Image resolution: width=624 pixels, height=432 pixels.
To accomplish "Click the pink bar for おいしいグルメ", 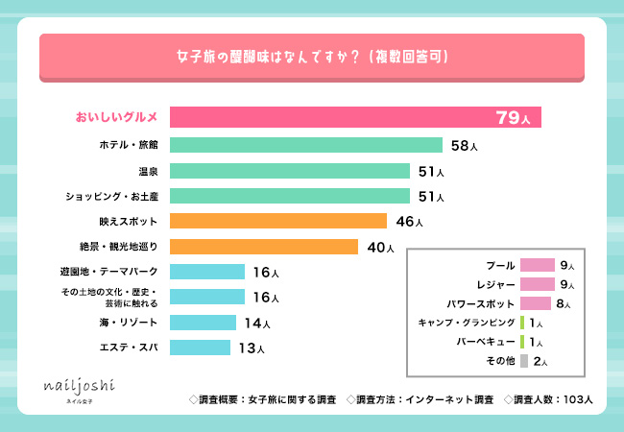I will [355, 117].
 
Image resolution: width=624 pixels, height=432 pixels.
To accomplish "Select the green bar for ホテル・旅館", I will [306, 145].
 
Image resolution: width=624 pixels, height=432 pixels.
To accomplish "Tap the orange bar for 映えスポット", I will [278, 222].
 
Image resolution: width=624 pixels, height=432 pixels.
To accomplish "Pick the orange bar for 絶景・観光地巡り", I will [264, 247].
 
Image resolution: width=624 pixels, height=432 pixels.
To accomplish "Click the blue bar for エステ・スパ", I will [201, 347].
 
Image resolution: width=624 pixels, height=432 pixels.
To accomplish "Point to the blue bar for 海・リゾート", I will [203, 322].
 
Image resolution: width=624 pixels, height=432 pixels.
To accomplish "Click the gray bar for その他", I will [524, 361].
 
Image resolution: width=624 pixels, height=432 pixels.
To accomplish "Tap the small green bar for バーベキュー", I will [521, 342].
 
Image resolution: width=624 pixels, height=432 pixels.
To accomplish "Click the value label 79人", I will [513, 118].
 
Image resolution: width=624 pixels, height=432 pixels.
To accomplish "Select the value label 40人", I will [380, 248].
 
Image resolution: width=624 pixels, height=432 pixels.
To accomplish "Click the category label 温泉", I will [148, 171].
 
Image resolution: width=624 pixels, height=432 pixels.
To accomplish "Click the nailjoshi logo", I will [80, 386].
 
